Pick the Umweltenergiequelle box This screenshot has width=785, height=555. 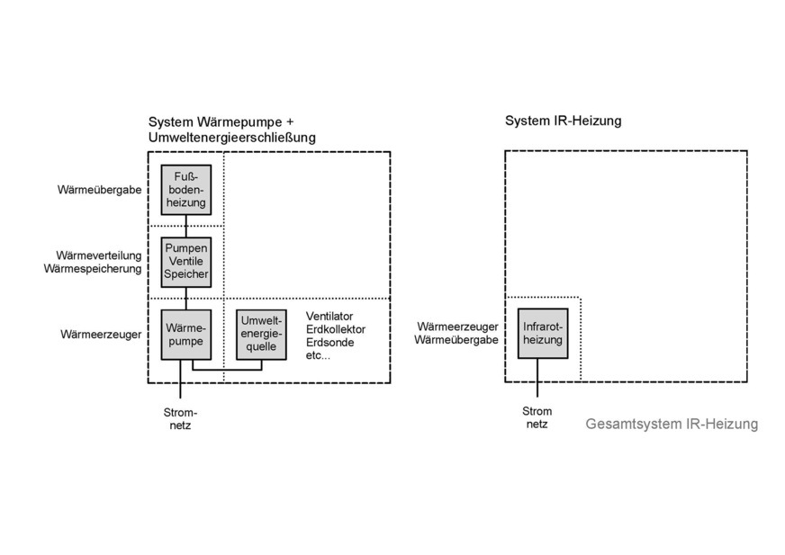click(x=261, y=335)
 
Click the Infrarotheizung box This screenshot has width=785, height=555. click(x=543, y=334)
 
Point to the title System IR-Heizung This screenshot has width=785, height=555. click(x=564, y=121)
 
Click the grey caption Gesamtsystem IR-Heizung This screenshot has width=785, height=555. click(x=671, y=424)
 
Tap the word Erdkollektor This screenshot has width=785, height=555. click(x=336, y=330)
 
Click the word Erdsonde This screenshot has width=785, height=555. click(x=328, y=343)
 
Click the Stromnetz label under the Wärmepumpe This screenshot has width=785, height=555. click(x=178, y=418)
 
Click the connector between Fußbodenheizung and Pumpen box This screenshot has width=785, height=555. click(x=185, y=224)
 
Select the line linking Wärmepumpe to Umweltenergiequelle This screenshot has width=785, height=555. click(x=225, y=369)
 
